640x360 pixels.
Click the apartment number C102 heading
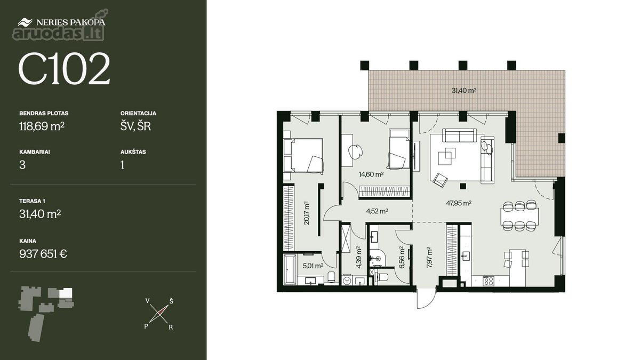[x=64, y=68]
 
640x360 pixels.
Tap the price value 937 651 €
[x=43, y=254]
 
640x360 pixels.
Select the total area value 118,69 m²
[x=42, y=126]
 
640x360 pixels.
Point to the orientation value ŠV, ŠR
[x=135, y=126]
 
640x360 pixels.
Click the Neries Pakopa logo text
[x=70, y=22]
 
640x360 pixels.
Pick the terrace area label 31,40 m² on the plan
[x=463, y=91]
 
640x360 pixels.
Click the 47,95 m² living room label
[x=459, y=203]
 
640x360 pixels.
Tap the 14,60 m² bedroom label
[x=371, y=174]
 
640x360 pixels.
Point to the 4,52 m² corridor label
[x=377, y=211]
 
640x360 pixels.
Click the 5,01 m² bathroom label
[x=313, y=266]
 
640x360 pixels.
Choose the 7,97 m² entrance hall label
[x=429, y=258]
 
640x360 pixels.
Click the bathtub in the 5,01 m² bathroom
[x=290, y=270]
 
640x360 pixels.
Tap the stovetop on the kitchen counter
[x=489, y=281]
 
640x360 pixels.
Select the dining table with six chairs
[x=519, y=216]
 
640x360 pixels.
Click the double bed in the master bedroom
[x=303, y=155]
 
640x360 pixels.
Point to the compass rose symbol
[x=158, y=314]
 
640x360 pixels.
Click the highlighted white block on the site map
[x=66, y=293]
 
